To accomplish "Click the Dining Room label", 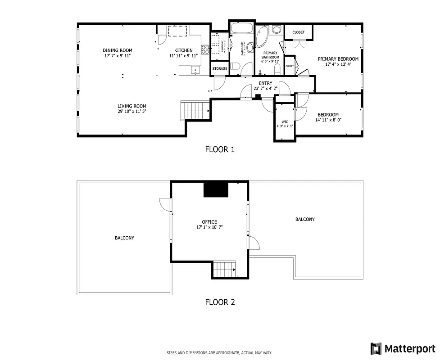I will (x=118, y=50).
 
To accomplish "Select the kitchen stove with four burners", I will (x=205, y=49).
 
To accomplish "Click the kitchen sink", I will (x=195, y=70).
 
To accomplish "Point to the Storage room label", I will (x=220, y=69).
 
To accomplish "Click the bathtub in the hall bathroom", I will (x=243, y=28).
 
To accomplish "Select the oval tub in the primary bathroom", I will (x=263, y=39).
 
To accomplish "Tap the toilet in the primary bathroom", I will (x=278, y=68).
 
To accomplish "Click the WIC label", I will (x=285, y=122).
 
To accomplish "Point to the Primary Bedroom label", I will (x=338, y=59).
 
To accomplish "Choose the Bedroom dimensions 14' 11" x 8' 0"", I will (x=328, y=120).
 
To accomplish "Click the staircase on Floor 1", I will (x=195, y=110).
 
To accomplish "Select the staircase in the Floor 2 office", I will (x=224, y=270).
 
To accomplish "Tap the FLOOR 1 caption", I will (x=220, y=149).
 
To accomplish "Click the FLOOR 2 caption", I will (x=220, y=302).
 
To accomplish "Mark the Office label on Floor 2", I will (x=209, y=222).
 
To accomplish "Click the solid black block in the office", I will (x=216, y=189).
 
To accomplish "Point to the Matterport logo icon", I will (x=376, y=348).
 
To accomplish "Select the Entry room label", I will (x=266, y=83).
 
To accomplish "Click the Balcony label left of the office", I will (x=124, y=238).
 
